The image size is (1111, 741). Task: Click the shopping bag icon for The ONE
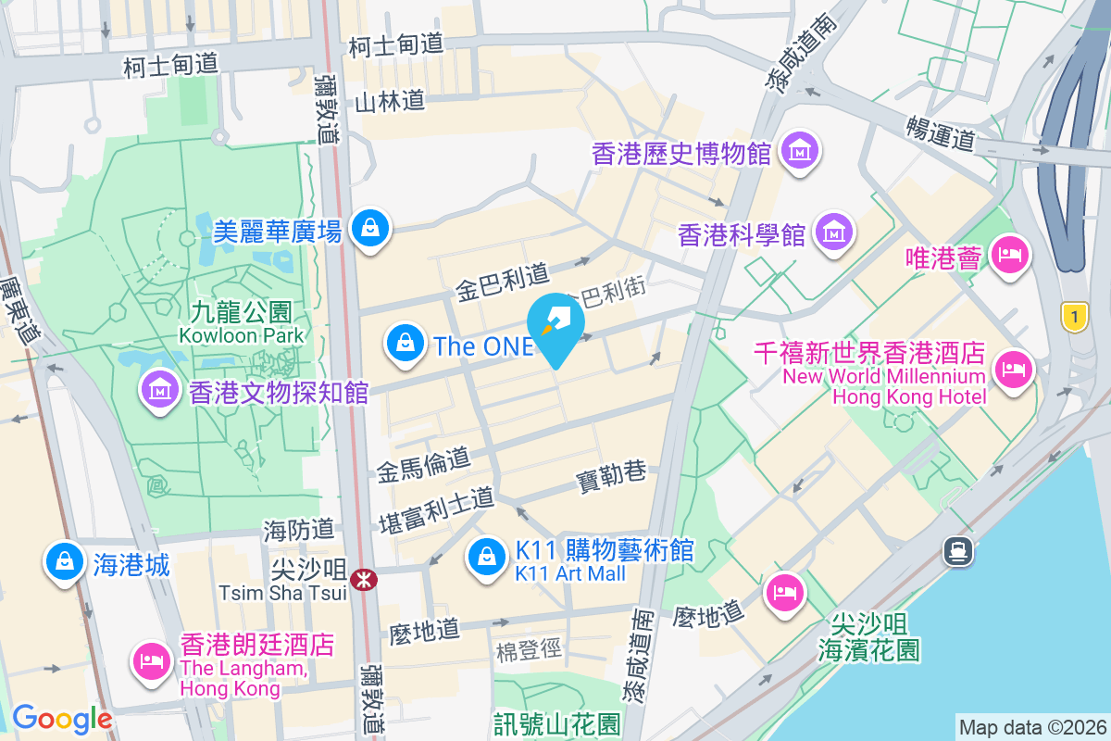[x=406, y=344]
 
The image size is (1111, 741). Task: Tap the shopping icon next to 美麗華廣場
[x=370, y=227]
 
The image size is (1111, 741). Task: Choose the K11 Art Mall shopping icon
[x=485, y=559]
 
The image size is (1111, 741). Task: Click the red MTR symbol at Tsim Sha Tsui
[x=363, y=579]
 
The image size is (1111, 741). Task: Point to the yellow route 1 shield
[x=1074, y=318]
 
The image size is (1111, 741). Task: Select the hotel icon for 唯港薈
[x=1009, y=255]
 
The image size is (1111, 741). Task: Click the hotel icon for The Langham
[x=150, y=661]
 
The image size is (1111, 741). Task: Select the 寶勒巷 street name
[x=611, y=474]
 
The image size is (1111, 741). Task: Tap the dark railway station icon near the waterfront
[x=957, y=552]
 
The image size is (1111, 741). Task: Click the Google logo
[x=62, y=719]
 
